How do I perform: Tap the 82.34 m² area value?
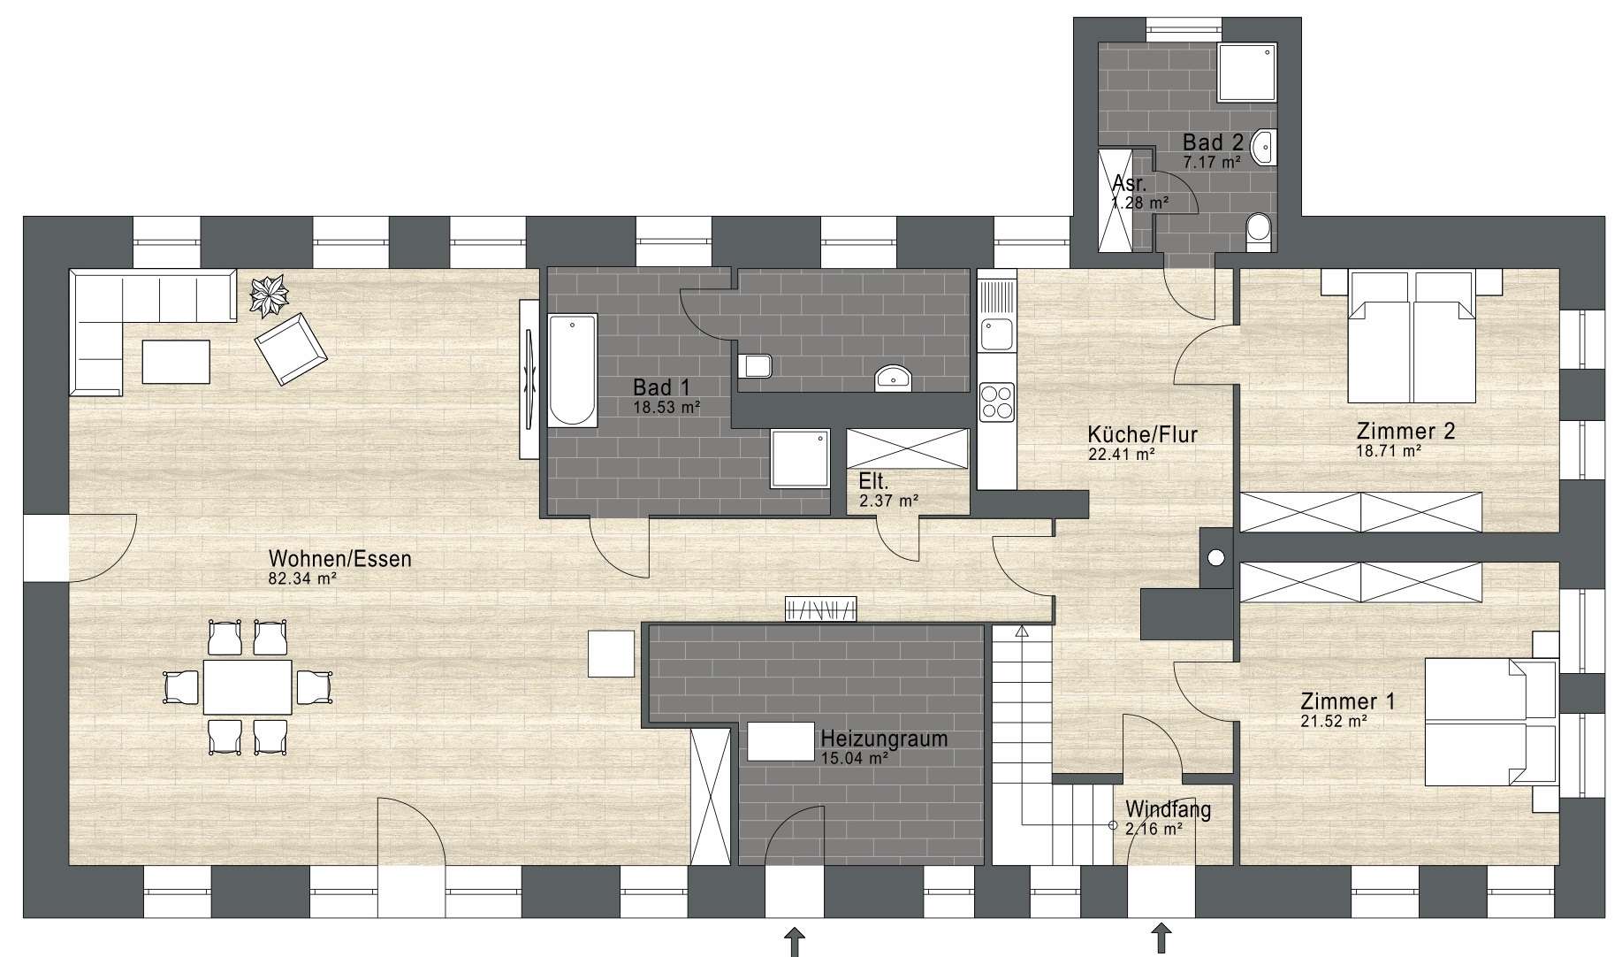click(303, 579)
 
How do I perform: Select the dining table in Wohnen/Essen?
click(247, 686)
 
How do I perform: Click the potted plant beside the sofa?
click(269, 295)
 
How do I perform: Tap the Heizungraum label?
click(884, 738)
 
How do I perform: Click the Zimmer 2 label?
click(1405, 432)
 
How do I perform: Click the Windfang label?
click(1168, 808)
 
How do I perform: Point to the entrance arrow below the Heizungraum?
click(795, 939)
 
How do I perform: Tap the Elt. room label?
click(873, 482)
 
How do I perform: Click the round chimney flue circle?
click(1216, 557)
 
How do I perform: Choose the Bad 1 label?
click(661, 387)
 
